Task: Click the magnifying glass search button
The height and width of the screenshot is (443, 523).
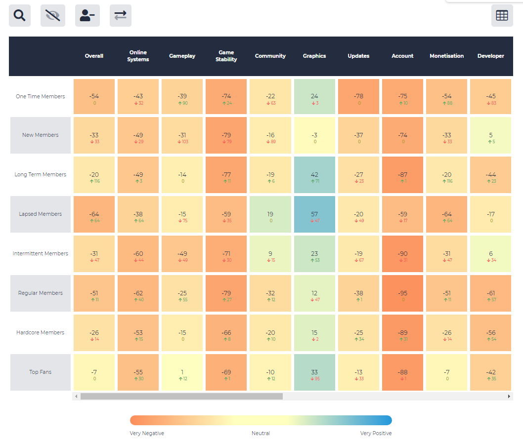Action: click(x=20, y=15)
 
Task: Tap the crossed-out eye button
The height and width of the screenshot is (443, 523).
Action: click(x=53, y=15)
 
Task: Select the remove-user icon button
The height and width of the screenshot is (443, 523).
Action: click(x=87, y=15)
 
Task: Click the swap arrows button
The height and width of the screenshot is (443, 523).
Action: click(x=121, y=15)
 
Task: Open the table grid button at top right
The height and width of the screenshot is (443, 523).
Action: click(x=502, y=15)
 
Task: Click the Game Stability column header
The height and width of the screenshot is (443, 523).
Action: click(x=226, y=56)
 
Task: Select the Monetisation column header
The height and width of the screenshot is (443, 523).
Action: click(x=446, y=56)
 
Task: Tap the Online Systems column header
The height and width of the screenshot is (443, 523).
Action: click(x=138, y=56)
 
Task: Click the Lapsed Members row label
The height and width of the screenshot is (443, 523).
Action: click(x=41, y=214)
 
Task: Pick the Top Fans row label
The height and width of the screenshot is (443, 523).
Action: click(x=41, y=372)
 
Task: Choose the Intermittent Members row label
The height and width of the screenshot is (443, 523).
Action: click(x=41, y=253)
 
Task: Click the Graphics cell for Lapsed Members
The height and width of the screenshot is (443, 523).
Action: click(x=314, y=214)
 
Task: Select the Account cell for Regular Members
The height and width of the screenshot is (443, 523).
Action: click(x=402, y=293)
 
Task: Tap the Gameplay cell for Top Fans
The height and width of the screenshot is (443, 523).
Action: click(x=182, y=372)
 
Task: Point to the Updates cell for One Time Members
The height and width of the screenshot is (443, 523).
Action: click(x=358, y=96)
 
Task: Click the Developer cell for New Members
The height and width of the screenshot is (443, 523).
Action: click(x=491, y=135)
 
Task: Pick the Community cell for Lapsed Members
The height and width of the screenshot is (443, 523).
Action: click(x=270, y=214)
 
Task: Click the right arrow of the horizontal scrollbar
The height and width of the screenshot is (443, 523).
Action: click(x=509, y=397)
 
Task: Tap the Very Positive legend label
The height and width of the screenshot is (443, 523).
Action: click(x=376, y=433)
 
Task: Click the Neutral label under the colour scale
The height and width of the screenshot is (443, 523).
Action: click(x=261, y=433)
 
